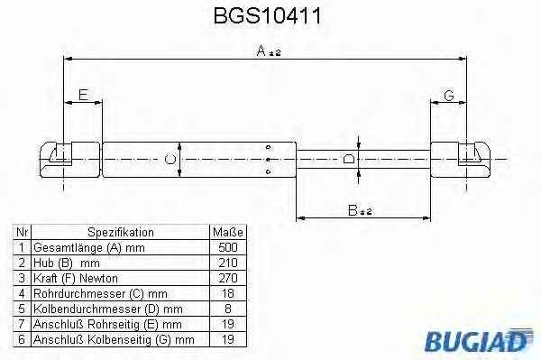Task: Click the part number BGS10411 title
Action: tap(268, 16)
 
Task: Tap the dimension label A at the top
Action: tap(261, 51)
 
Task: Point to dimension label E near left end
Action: tap(83, 94)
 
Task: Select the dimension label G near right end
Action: tap(448, 96)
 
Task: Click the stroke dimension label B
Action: tap(353, 210)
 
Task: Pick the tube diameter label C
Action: tap(170, 160)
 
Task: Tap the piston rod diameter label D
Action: tap(349, 159)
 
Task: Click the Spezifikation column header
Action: tap(121, 232)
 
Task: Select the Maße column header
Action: tap(228, 232)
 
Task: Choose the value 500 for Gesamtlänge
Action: tap(228, 247)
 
